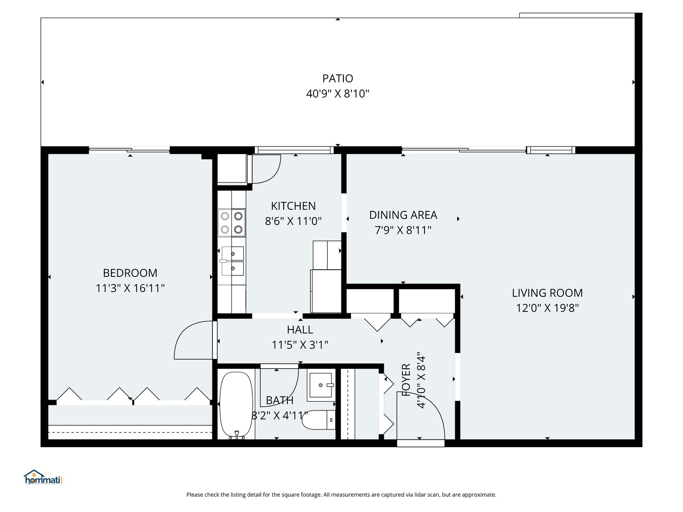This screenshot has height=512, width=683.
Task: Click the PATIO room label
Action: pyautogui.click(x=338, y=78)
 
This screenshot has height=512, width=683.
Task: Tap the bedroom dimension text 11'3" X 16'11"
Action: pyautogui.click(x=130, y=288)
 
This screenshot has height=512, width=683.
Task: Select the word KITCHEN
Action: pyautogui.click(x=293, y=206)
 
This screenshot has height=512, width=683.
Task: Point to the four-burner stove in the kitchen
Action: pyautogui.click(x=231, y=223)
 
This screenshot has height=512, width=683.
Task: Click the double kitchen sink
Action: pyautogui.click(x=232, y=261)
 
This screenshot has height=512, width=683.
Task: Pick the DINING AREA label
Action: pyautogui.click(x=403, y=215)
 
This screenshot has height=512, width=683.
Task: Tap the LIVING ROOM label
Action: pyautogui.click(x=547, y=293)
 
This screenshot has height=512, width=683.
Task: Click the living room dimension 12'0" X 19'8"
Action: pyautogui.click(x=547, y=308)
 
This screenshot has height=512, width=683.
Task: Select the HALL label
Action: pyautogui.click(x=300, y=329)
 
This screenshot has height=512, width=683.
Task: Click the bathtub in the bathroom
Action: pyautogui.click(x=236, y=405)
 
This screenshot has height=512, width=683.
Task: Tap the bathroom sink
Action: pyautogui.click(x=321, y=385)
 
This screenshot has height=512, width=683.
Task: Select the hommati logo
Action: pyautogui.click(x=43, y=477)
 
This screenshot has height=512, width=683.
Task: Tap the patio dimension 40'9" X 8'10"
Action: pyautogui.click(x=338, y=93)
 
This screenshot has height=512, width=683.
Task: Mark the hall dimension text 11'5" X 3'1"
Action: pyautogui.click(x=300, y=345)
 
